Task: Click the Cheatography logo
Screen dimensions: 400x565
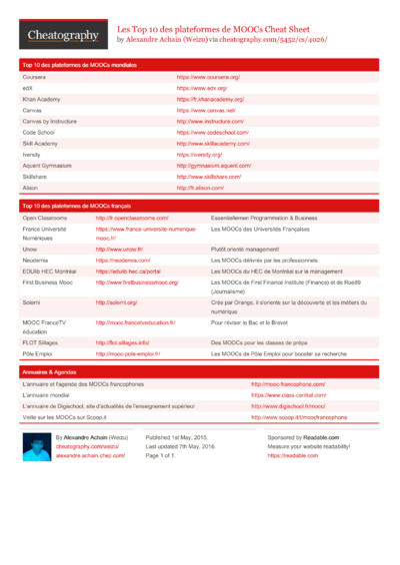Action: click(63, 35)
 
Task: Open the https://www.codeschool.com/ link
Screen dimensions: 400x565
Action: click(212, 132)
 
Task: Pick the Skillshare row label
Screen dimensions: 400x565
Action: click(36, 176)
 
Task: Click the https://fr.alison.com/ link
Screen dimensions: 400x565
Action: click(200, 187)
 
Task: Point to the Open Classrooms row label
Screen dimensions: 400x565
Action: click(45, 217)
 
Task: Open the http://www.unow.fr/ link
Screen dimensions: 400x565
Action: click(120, 249)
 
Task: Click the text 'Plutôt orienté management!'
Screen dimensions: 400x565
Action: click(246, 249)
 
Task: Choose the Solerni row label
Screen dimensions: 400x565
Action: click(33, 300)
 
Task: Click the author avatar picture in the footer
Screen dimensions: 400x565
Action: click(36, 445)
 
